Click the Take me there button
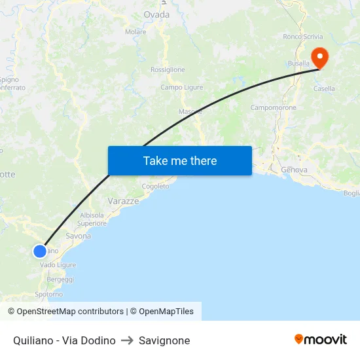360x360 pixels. tap(179, 160)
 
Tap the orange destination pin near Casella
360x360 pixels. tap(319, 56)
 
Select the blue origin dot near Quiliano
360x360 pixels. tap(40, 251)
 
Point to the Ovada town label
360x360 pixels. tap(156, 14)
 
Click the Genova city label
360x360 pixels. tap(294, 170)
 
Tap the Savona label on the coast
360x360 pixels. tap(79, 236)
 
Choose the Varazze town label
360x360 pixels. tap(123, 201)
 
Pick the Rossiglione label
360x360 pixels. tap(168, 69)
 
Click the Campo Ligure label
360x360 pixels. tap(182, 87)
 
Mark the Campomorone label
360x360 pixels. tap(274, 107)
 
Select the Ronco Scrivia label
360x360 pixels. tap(303, 37)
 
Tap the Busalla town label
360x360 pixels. tap(298, 63)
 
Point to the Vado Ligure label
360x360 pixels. tap(58, 265)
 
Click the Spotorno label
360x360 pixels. tap(49, 295)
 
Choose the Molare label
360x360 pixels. tap(135, 31)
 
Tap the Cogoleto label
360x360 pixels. tap(155, 186)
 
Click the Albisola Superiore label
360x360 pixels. tap(92, 219)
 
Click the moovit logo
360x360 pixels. tap(321, 340)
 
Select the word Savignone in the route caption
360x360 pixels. tap(164, 340)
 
